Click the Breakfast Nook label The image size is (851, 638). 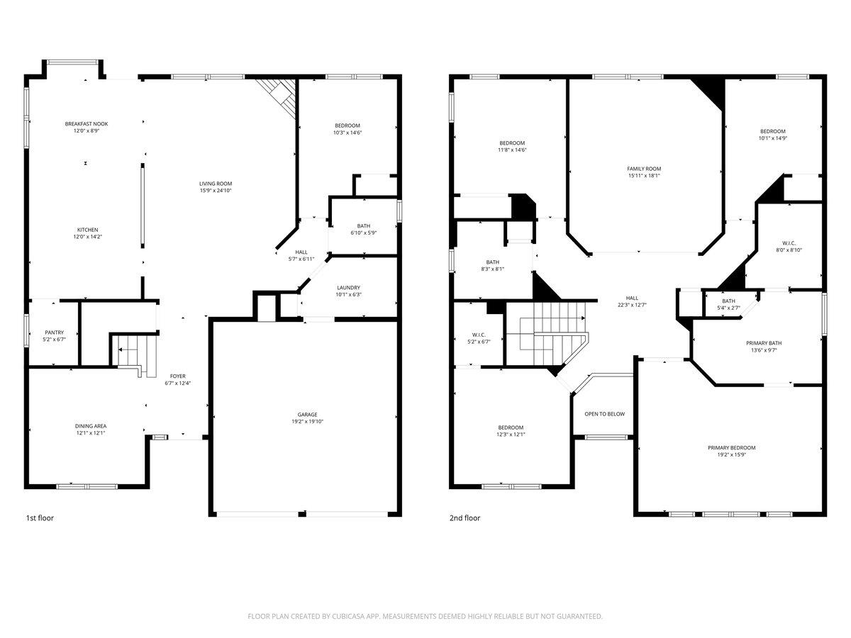point(87,123)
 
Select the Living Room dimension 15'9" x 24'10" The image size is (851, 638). point(216,191)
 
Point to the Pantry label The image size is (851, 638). point(55,332)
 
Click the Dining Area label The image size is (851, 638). point(91,426)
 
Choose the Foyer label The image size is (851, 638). point(177,376)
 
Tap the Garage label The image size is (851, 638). point(307,415)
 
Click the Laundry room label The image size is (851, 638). point(348,287)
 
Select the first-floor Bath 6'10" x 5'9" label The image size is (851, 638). point(363,233)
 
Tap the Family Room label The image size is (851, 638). point(644,169)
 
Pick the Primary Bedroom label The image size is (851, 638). point(731,448)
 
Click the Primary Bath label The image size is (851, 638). point(764,343)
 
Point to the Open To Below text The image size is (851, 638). point(604,414)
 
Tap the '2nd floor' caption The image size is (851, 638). point(465,518)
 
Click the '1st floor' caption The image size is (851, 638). point(40,518)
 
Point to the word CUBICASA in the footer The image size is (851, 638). point(347,617)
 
